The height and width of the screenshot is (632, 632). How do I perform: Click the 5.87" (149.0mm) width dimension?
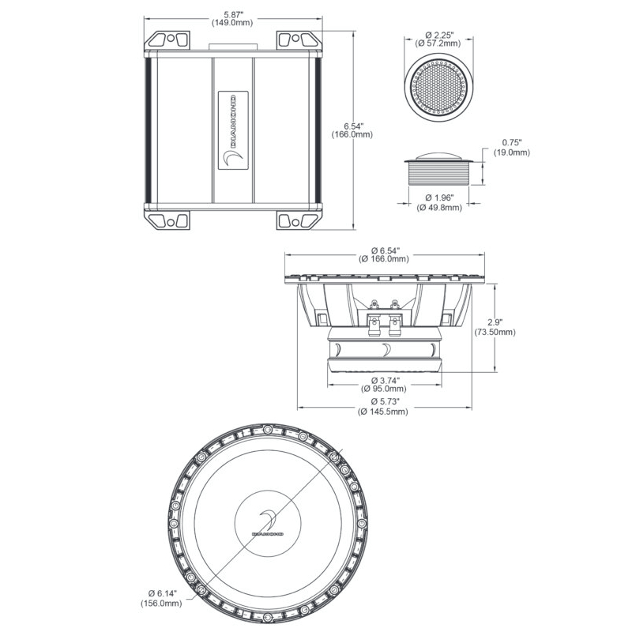coord(232,18)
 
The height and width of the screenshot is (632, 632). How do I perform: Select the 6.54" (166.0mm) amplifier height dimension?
coord(352,130)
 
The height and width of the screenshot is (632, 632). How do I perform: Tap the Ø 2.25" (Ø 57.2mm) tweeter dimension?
coord(439,39)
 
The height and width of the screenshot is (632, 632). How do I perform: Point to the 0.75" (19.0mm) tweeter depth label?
coord(511,148)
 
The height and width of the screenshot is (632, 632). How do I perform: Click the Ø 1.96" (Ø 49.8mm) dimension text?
coord(439,202)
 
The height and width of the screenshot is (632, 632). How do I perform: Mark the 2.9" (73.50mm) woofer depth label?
coord(495,327)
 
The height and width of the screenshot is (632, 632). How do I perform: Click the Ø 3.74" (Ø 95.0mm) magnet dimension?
coord(384,385)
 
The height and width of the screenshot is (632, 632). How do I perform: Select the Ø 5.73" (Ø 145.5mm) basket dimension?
coord(383,406)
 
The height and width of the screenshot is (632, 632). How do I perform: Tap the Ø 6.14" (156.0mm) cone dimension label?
coord(161,598)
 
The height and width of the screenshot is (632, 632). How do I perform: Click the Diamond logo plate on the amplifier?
coord(233,130)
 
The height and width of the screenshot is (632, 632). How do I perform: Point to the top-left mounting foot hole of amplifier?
coord(171,39)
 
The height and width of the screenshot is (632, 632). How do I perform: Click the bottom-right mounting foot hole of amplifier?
coord(295,223)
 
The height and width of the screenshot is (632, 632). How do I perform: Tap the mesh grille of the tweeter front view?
coord(438,87)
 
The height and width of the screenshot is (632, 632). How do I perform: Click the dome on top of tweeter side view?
coord(438,156)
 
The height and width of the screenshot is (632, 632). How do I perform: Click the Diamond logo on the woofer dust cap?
coord(267,523)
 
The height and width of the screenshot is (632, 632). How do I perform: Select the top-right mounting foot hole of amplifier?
coord(295,39)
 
